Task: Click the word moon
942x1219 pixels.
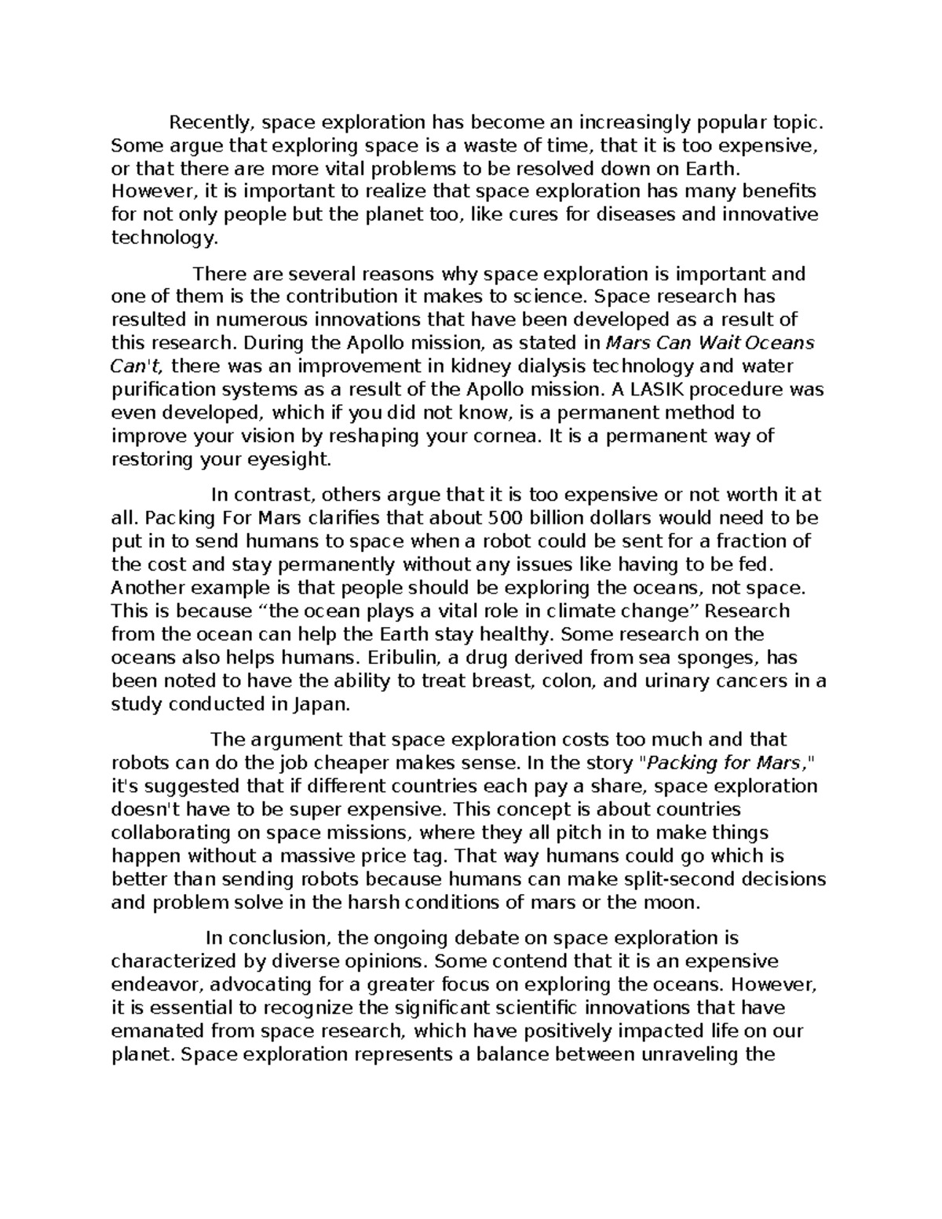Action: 674,902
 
